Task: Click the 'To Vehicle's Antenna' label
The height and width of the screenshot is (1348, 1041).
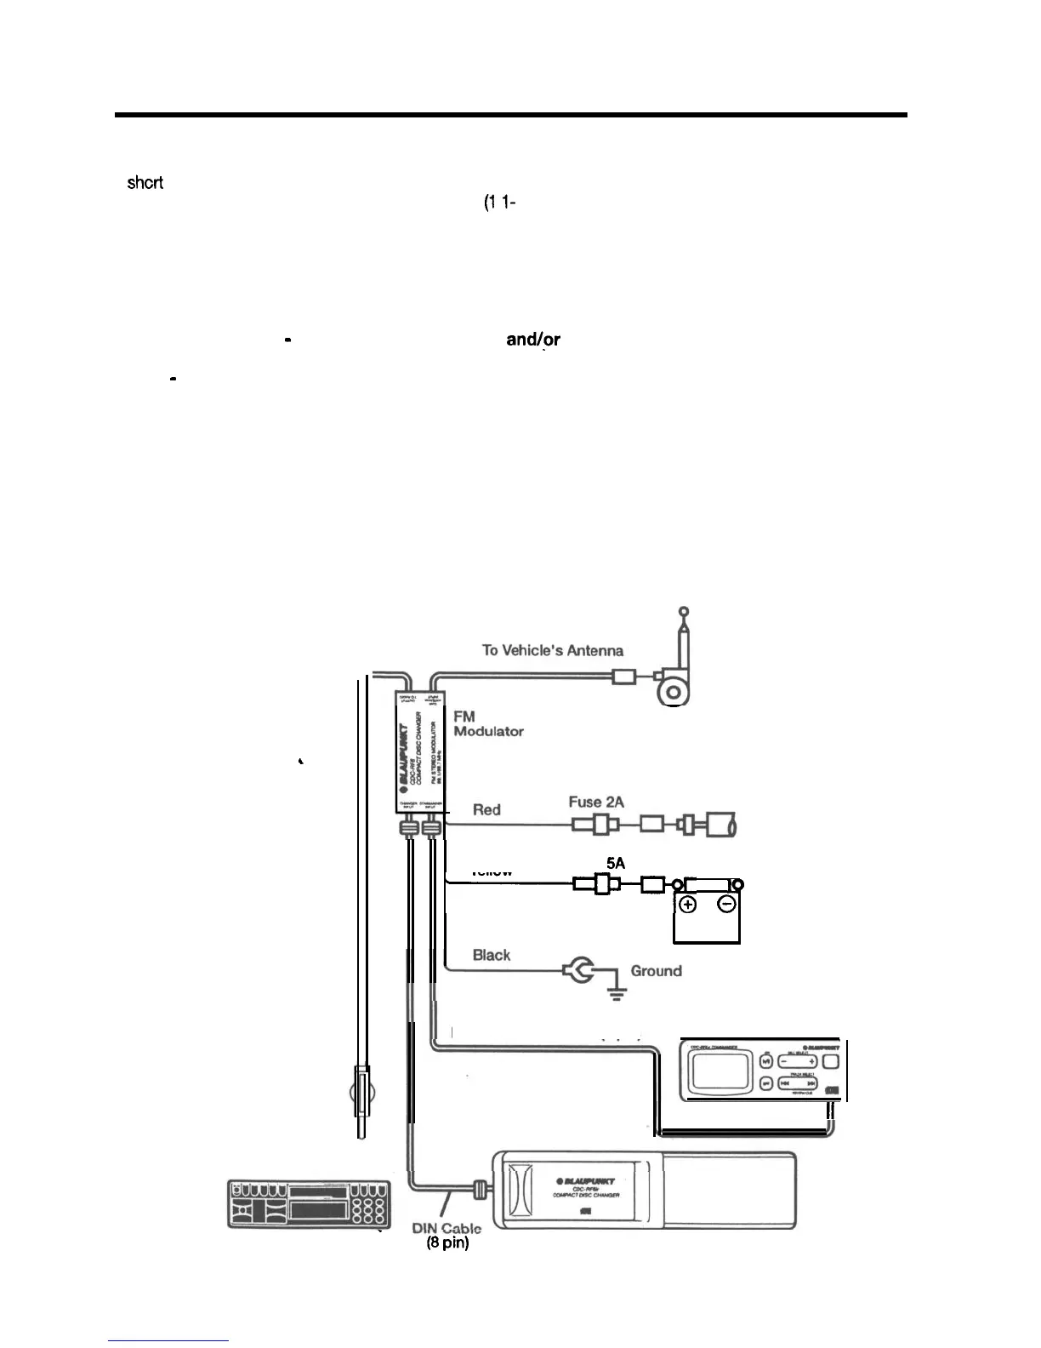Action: [x=553, y=651]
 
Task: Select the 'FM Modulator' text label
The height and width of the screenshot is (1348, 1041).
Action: [x=488, y=724]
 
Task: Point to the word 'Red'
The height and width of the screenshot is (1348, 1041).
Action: [x=486, y=809]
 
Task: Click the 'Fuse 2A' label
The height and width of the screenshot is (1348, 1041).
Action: [x=596, y=803]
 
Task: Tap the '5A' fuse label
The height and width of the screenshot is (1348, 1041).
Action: [x=616, y=863]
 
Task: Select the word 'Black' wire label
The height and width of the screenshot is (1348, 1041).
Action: [x=492, y=955]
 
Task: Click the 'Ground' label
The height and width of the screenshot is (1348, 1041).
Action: [x=656, y=971]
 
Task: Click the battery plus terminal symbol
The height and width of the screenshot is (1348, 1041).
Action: [x=688, y=905]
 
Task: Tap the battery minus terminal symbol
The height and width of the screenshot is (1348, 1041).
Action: [x=727, y=905]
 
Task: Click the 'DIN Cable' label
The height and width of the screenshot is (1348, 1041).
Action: [x=447, y=1228]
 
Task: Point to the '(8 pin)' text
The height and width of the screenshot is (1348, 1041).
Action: [x=447, y=1243]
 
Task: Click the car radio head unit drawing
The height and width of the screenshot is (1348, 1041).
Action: [x=309, y=1204]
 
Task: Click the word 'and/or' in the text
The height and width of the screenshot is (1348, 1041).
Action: [x=532, y=340]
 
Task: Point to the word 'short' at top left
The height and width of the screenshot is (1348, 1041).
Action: [x=145, y=182]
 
